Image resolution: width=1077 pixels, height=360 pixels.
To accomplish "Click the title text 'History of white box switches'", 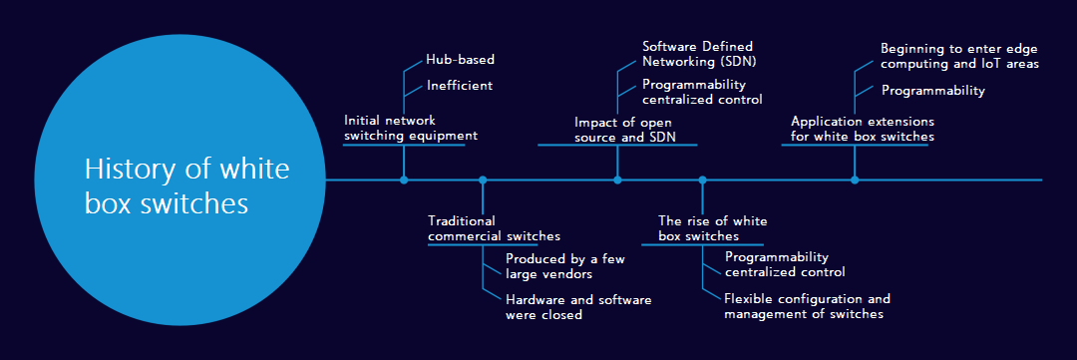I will coord(186,186).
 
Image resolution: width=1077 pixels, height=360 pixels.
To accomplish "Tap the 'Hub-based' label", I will coord(460,60).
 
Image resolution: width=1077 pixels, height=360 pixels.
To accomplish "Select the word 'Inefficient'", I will coord(459,86).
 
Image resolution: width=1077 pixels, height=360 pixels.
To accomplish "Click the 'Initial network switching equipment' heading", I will coord(410,128).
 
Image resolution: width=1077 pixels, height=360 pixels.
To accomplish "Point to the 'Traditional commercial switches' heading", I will coord(494,228).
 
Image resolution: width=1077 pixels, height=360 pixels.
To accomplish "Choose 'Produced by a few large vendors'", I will coord(564,266).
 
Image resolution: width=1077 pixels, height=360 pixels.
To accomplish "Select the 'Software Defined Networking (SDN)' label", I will coord(697,54).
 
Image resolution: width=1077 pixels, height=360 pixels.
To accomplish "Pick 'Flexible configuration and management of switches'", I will coord(807,306).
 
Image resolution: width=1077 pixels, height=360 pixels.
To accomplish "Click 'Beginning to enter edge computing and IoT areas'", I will coord(959,56).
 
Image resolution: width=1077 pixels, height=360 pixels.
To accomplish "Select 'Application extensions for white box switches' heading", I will coord(863,129).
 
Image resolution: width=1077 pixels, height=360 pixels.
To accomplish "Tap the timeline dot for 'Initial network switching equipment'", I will coord(404,180).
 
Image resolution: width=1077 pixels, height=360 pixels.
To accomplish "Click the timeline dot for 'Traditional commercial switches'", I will coord(483,180).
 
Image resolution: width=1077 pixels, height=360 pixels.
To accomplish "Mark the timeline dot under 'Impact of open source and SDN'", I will coord(617,180).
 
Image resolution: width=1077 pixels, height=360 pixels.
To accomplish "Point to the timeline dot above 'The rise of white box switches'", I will coord(702,180).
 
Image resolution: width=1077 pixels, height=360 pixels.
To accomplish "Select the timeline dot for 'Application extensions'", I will coord(855,180).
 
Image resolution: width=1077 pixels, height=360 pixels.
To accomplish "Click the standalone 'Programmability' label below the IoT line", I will coord(932,91).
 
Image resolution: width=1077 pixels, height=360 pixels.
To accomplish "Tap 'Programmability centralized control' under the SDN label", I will coord(702,92).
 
